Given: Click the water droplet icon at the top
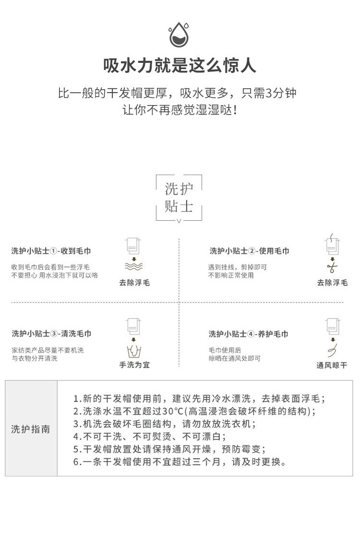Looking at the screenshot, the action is coord(180,34).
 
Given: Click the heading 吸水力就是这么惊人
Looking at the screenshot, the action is coord(180,65).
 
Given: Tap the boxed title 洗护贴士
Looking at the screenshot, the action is coord(179,198).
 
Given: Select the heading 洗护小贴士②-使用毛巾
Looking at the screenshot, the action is coord(249,251).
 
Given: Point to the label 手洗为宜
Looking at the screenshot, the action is coord(134,365).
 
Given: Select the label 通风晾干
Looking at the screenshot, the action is coord(332,365).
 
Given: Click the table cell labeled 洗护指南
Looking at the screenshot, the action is coord(31,428).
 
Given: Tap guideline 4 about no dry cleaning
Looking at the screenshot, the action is coord(149,437).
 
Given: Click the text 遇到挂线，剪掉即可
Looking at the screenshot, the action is coord(237,267).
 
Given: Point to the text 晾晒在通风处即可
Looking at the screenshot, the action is coord(235,358).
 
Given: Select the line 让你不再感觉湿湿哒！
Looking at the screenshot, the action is coord(180,110).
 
